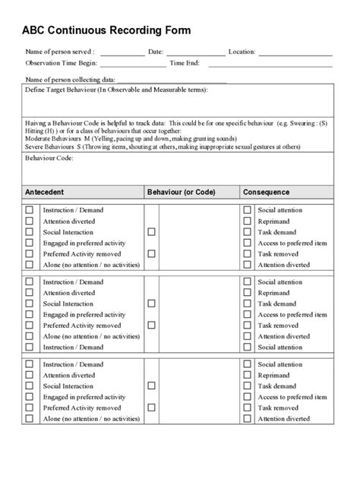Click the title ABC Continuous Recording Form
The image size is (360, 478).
(106, 30)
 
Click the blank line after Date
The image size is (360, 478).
(194, 54)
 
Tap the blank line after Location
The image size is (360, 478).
(295, 54)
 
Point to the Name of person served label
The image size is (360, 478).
(60, 52)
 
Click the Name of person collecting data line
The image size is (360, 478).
(171, 80)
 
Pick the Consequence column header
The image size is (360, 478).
(267, 192)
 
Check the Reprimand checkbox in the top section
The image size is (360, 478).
(247, 221)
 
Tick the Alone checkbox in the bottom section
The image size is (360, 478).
(30, 419)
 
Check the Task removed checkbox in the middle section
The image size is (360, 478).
(247, 325)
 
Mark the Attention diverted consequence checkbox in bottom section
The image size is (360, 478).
(247, 419)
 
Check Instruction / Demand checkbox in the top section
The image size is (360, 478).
(30, 209)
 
